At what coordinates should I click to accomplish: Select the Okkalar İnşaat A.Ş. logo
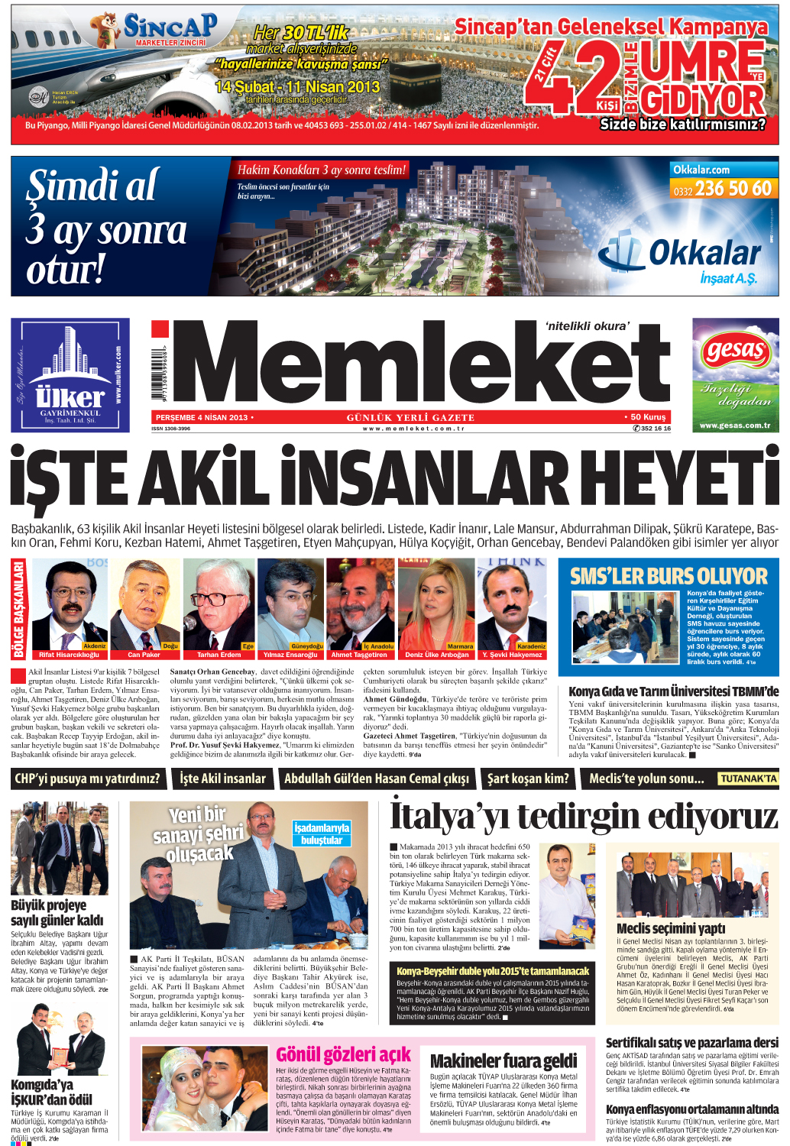(680, 260)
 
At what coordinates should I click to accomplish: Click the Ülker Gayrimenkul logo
(70, 375)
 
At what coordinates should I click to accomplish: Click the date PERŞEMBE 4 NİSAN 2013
(202, 417)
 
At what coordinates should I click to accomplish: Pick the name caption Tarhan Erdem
(219, 655)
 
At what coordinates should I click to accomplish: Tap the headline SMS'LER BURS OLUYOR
(669, 576)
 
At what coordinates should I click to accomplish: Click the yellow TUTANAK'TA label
(748, 779)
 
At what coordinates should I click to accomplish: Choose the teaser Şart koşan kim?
(528, 779)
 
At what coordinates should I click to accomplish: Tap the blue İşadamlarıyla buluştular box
(322, 834)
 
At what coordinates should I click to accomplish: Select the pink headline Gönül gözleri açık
(343, 1054)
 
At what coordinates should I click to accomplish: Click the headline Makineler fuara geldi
(503, 1060)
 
